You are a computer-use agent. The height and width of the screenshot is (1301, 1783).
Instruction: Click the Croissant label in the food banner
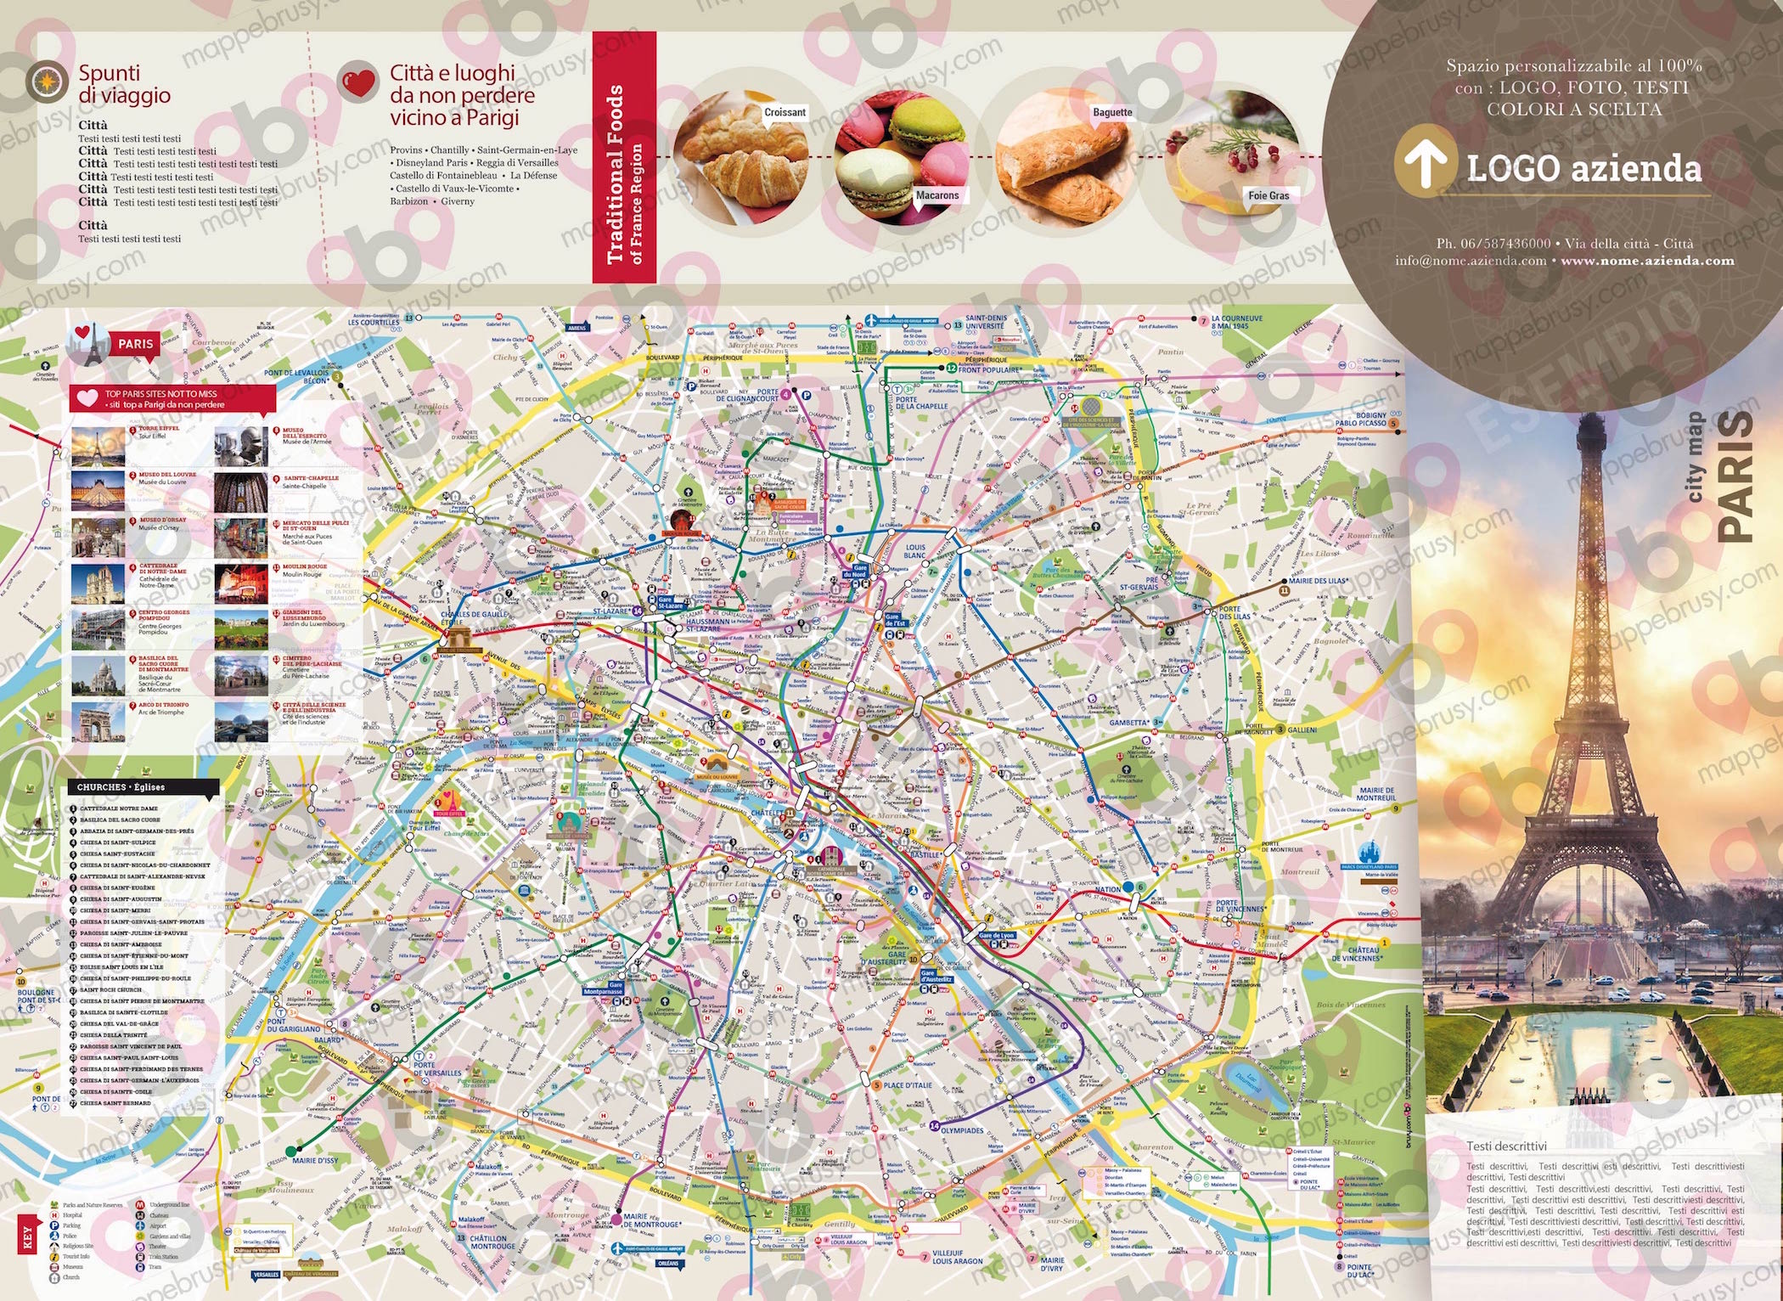785,112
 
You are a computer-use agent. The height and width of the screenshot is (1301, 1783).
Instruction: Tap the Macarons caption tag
936,195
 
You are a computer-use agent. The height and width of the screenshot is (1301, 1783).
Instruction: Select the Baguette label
1112,112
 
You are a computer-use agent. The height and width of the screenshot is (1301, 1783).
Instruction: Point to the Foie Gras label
1268,195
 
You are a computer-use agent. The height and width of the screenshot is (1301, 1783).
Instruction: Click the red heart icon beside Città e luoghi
357,82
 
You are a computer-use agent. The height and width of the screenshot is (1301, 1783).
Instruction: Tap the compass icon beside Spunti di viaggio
47,82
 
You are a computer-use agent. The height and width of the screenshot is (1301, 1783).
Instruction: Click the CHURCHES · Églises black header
143,787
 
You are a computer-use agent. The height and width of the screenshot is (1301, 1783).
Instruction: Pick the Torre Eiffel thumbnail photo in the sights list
98,446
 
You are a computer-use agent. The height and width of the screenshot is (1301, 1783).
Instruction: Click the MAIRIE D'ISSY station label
314,1160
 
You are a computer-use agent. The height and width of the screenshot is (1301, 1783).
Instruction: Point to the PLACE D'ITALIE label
907,1085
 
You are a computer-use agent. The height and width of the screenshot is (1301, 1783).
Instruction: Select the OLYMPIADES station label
962,1130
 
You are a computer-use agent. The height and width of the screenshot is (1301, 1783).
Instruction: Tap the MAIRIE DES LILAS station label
1318,581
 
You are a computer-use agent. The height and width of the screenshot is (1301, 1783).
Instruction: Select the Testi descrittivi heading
1506,1146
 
